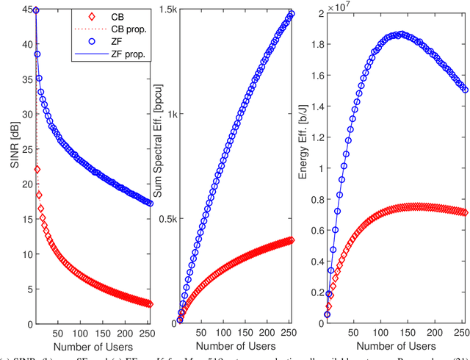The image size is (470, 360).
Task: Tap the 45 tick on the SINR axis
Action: [x=21, y=10]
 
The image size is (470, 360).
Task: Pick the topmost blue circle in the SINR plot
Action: [x=36, y=10]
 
